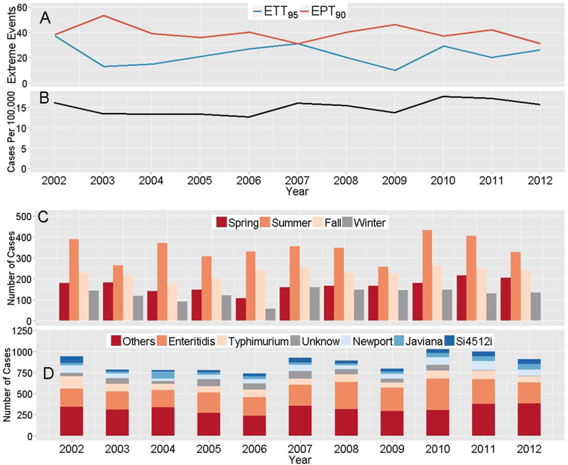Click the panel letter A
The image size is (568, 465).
click(x=45, y=17)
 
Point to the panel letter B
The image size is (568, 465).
click(x=45, y=101)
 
